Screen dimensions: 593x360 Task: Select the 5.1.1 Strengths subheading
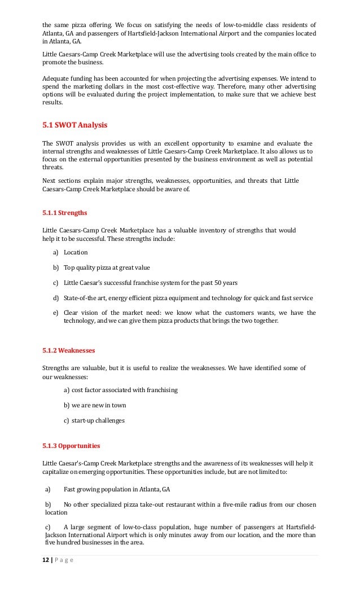tap(64, 214)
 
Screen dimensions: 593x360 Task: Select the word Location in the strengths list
tap(76, 252)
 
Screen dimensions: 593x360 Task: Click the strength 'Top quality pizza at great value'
tap(107, 267)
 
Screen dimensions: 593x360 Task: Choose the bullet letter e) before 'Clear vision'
tap(55, 313)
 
